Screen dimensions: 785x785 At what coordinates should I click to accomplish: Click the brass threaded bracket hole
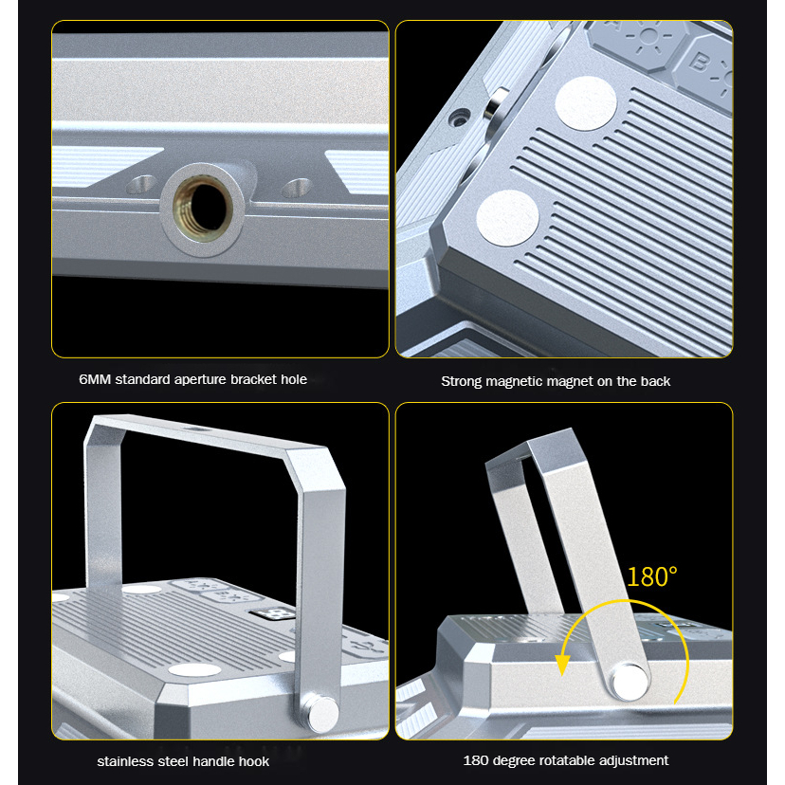[x=203, y=208]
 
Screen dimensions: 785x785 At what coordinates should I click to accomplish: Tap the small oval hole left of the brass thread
[x=141, y=184]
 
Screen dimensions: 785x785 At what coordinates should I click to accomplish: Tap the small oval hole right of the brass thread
[x=297, y=187]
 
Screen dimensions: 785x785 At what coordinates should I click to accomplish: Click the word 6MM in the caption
[x=95, y=379]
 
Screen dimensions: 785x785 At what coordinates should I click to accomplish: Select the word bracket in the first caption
[x=253, y=379]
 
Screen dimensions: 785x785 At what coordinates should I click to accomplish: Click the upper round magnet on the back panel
[x=585, y=103]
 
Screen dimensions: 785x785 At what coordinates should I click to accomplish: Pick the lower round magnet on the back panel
[x=507, y=218]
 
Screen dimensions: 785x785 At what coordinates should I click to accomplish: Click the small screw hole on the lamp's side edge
[x=459, y=119]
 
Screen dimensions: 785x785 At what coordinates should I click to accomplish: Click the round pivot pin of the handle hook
[x=322, y=713]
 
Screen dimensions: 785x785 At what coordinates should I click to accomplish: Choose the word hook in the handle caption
[x=254, y=761]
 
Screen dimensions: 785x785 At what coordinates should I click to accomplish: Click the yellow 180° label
[x=652, y=576]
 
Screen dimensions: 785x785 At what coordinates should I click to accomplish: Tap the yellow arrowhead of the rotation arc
[x=563, y=666]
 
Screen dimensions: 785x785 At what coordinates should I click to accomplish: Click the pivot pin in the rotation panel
[x=629, y=682]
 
